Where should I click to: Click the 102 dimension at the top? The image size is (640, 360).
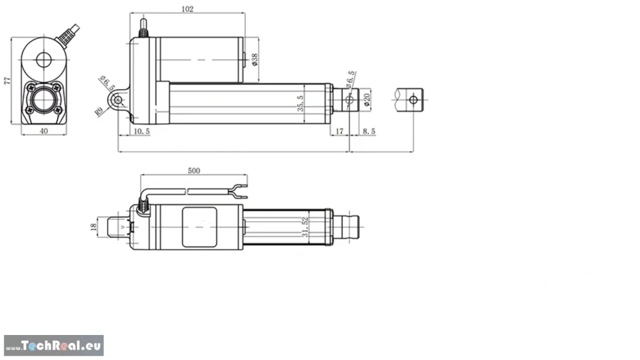[187, 9]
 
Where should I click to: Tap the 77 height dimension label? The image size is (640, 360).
[8, 81]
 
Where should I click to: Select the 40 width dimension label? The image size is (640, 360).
[44, 131]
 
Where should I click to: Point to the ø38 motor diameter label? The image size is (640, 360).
[255, 60]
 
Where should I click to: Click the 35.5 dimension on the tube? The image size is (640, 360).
[300, 103]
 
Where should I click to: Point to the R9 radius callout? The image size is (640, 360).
[100, 111]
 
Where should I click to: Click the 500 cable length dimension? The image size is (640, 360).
[193, 171]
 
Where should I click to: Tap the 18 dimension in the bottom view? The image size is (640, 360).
[94, 226]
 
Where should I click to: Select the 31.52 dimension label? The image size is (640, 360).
[306, 227]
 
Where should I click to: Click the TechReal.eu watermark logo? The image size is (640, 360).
[53, 346]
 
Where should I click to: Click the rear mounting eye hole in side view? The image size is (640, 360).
[118, 100]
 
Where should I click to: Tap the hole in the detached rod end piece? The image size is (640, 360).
[414, 99]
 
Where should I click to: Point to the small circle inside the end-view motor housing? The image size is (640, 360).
[44, 61]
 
